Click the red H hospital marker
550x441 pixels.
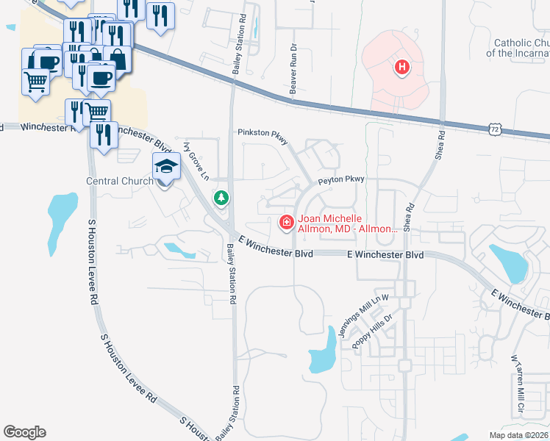tap(401, 68)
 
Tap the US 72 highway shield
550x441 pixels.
tap(496, 129)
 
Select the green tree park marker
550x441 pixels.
tap(220, 197)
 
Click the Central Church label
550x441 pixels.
tap(120, 181)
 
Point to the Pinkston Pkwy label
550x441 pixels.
tap(262, 132)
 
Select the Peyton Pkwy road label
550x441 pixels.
tap(340, 179)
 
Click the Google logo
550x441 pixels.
tap(24, 432)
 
